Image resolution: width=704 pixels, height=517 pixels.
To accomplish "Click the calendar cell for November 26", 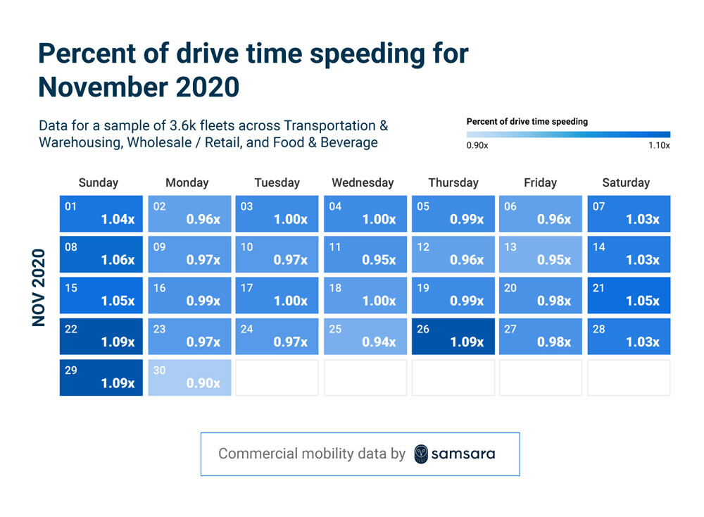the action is click(453, 336).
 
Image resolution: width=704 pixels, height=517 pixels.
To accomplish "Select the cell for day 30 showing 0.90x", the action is click(189, 378).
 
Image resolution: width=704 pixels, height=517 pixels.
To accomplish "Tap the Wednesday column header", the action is click(363, 182).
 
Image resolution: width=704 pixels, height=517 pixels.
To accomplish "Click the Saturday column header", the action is click(625, 182).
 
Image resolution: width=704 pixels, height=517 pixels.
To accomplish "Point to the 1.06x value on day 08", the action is click(118, 260).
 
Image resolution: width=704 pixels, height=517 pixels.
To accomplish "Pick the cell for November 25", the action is click(365, 336).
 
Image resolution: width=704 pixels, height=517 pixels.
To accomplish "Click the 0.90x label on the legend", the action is click(477, 145).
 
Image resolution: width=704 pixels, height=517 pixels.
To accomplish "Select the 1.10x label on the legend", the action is click(659, 145).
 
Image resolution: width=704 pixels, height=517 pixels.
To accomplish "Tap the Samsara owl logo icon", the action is click(421, 454).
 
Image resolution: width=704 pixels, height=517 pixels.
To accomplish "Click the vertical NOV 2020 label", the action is click(39, 287).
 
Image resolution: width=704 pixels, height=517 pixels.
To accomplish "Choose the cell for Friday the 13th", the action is click(541, 254).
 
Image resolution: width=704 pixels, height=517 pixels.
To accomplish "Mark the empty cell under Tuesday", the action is click(277, 378).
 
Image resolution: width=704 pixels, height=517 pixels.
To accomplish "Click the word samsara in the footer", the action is click(464, 454).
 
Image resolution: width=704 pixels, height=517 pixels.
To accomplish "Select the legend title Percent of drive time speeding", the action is click(527, 121).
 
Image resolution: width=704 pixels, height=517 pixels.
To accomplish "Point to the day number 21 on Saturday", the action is click(598, 288).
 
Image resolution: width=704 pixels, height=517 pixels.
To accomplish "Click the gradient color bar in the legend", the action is click(568, 134).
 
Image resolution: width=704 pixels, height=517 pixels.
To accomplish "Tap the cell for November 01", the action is click(101, 213).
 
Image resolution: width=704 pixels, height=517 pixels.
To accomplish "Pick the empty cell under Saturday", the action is click(629, 378).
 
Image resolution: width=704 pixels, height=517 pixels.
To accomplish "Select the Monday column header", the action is click(187, 182).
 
